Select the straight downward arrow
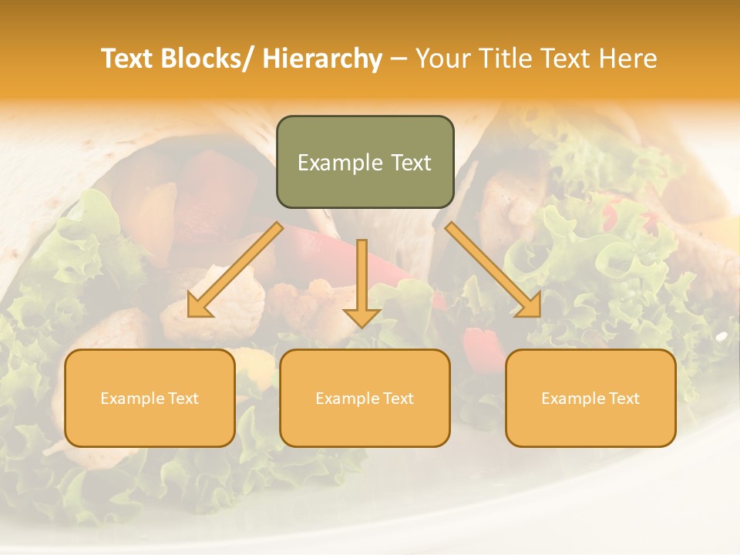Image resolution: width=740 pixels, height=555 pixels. click(362, 281)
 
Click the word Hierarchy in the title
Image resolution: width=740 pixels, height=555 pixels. click(322, 59)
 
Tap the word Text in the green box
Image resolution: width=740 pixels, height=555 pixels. click(411, 163)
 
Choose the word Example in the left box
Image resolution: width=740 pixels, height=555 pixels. click(133, 399)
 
